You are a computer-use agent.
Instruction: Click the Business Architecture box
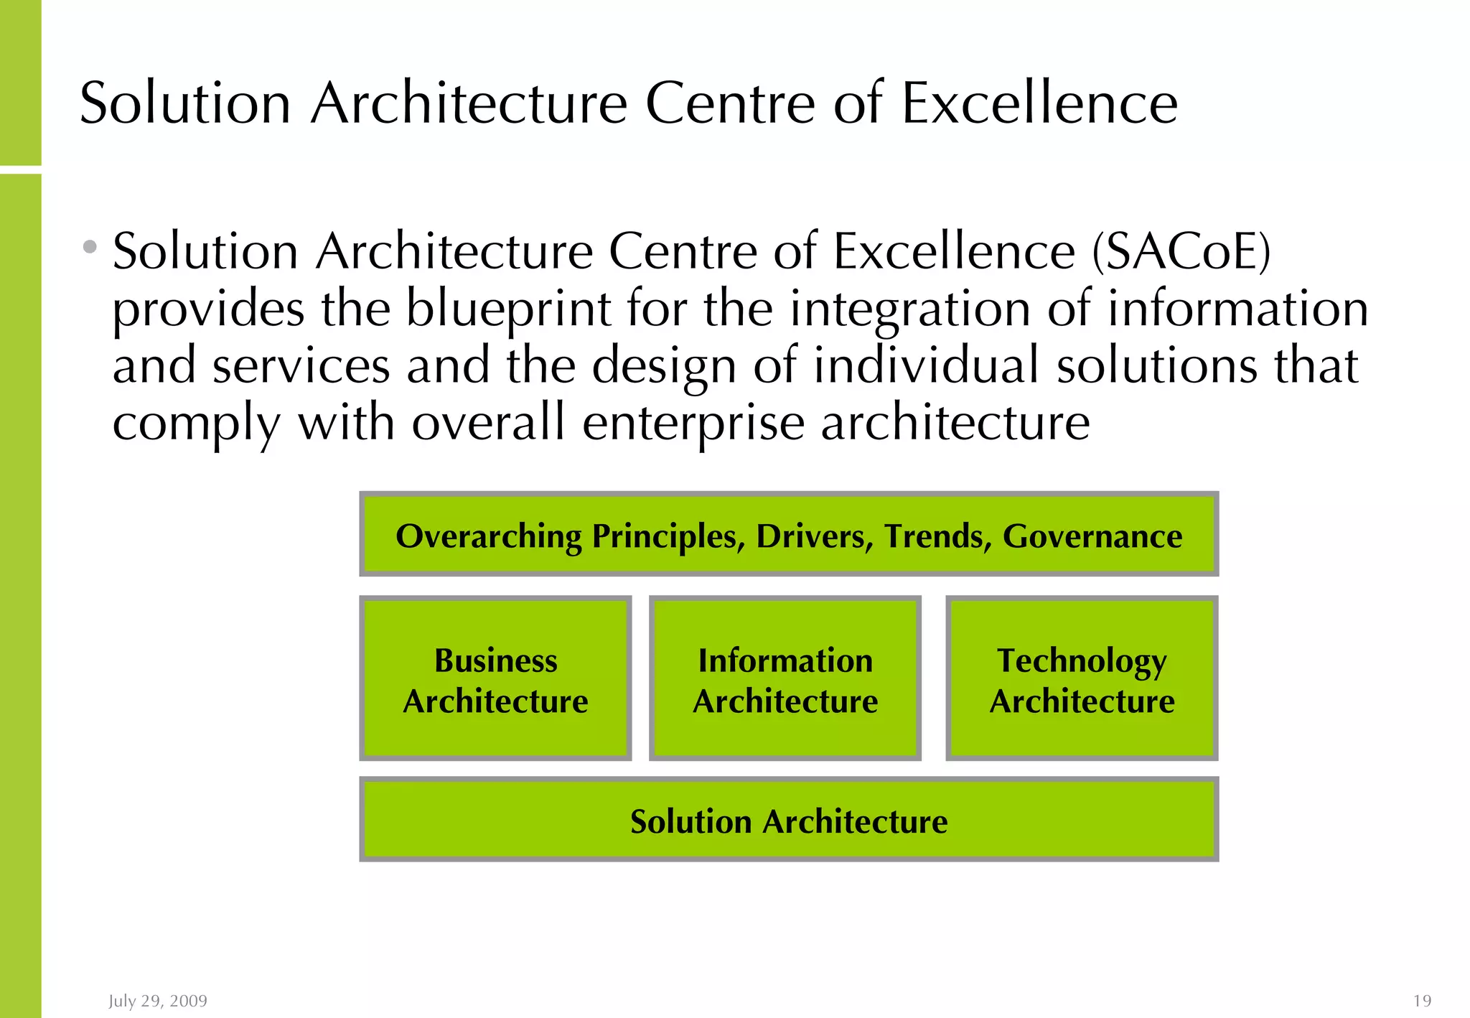(495, 678)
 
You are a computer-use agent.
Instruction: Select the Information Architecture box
(785, 678)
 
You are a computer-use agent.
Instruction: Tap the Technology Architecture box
(1082, 678)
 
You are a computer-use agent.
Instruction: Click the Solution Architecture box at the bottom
(789, 821)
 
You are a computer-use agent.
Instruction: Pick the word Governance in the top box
(1092, 536)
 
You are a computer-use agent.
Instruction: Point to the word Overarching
(489, 536)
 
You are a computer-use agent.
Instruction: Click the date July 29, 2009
(158, 1001)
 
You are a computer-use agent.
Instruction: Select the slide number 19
(1422, 1001)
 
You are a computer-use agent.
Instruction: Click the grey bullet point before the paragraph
(90, 248)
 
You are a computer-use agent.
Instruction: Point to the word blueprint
(508, 309)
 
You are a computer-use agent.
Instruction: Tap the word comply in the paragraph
(196, 424)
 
